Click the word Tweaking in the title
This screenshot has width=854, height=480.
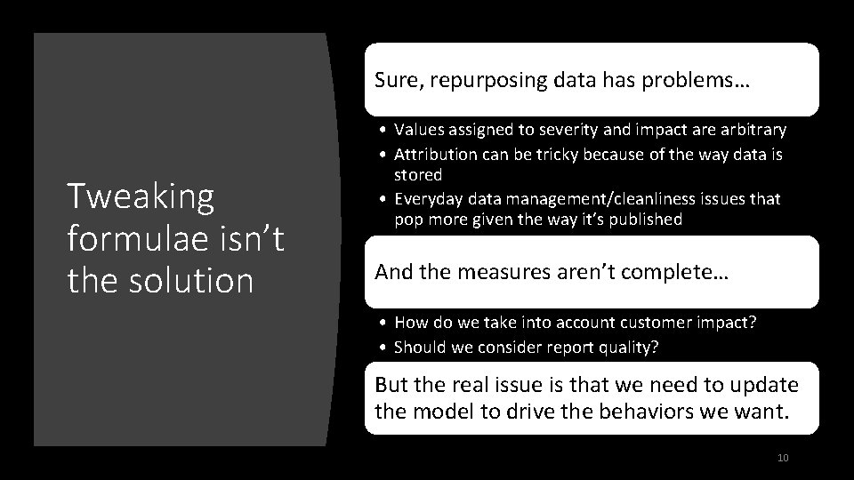pyautogui.click(x=141, y=197)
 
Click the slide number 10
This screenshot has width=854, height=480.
pyautogui.click(x=783, y=458)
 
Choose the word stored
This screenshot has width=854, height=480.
pyautogui.click(x=418, y=174)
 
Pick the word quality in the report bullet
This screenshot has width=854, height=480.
pyautogui.click(x=632, y=346)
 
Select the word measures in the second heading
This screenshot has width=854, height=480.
pyautogui.click(x=503, y=274)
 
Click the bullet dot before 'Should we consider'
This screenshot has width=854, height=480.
pyautogui.click(x=382, y=346)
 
